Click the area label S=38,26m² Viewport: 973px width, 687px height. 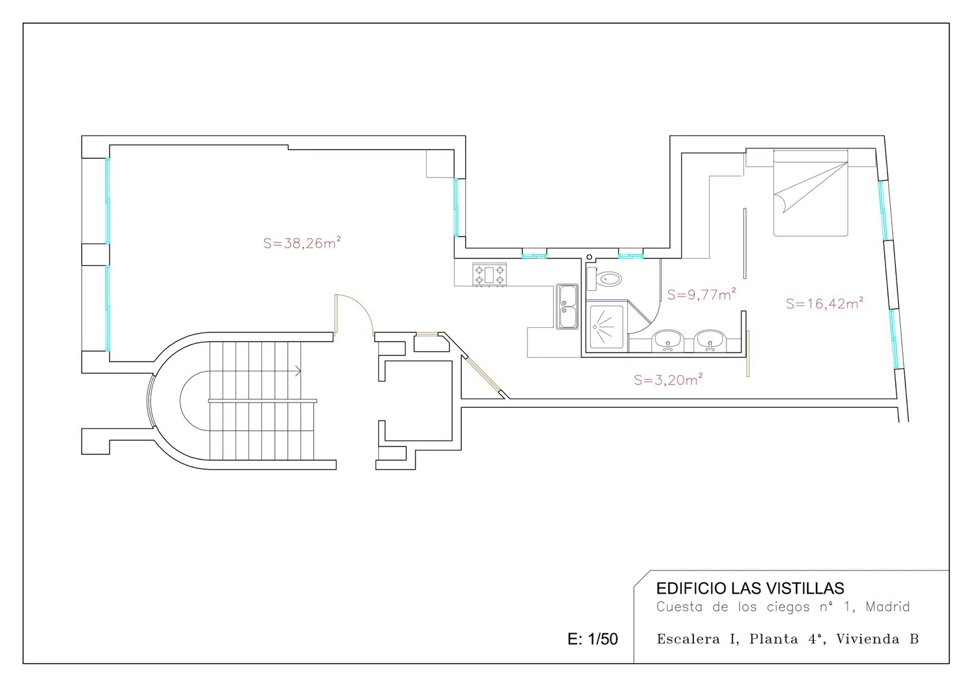coord(302,242)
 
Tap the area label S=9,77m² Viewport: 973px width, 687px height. coord(701,294)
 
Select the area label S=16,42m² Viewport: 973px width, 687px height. coord(824,303)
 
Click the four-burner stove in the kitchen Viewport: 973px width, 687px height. coord(490,275)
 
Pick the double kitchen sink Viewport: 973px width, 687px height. coord(568,307)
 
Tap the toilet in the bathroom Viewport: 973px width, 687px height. coord(604,279)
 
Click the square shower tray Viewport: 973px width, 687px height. coord(607,327)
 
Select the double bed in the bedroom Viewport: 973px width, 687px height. coord(811,193)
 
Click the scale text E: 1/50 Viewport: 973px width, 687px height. coord(592,639)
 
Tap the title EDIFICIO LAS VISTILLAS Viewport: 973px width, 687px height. coord(750,588)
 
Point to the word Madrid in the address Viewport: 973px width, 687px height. coord(887,606)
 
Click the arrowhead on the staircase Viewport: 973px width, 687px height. coord(298,371)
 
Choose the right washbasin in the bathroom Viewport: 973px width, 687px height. coord(710,341)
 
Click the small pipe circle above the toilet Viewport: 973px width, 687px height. coord(590,257)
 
